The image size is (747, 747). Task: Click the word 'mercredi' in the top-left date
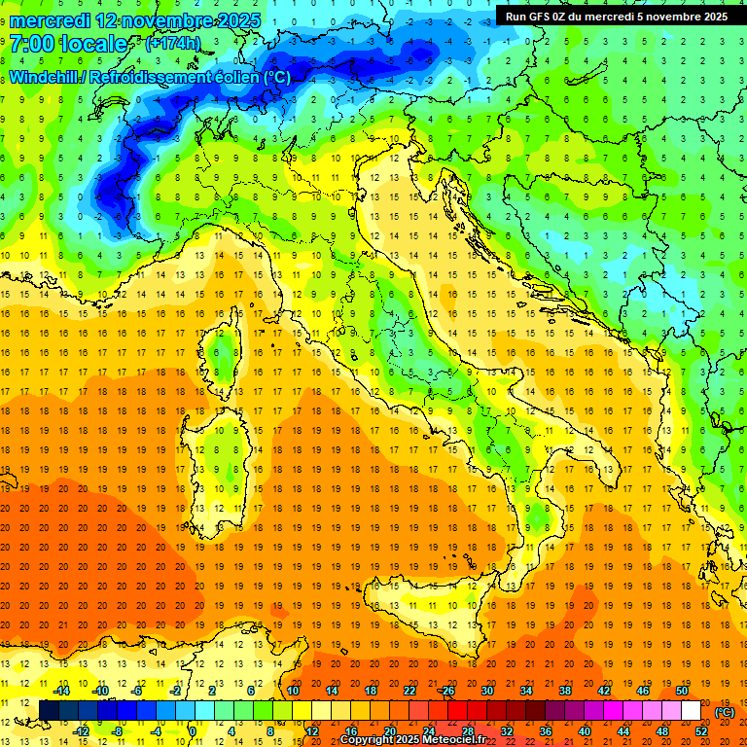pyautogui.click(x=51, y=20)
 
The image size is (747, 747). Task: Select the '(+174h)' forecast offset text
pyautogui.click(x=173, y=44)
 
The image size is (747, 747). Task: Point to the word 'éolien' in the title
pyautogui.click(x=231, y=77)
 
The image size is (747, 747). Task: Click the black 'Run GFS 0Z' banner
pyautogui.click(x=617, y=16)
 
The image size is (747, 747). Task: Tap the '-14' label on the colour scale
pyautogui.click(x=62, y=691)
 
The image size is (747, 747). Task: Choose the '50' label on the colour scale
pyautogui.click(x=682, y=691)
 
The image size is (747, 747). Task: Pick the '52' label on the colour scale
pyautogui.click(x=701, y=731)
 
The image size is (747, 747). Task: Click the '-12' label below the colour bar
pyautogui.click(x=82, y=731)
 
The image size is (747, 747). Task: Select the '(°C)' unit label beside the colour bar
pyautogui.click(x=725, y=712)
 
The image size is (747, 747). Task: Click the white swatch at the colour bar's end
pyautogui.click(x=692, y=711)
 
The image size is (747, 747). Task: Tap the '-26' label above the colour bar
pyautogui.click(x=446, y=691)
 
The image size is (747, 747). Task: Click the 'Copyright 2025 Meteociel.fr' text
pyautogui.click(x=411, y=740)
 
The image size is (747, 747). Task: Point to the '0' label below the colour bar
pyautogui.click(x=193, y=731)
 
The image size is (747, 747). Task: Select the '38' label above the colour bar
pyautogui.click(x=564, y=691)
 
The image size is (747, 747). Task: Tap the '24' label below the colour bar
pyautogui.click(x=428, y=731)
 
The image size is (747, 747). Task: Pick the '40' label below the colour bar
pyautogui.click(x=584, y=731)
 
